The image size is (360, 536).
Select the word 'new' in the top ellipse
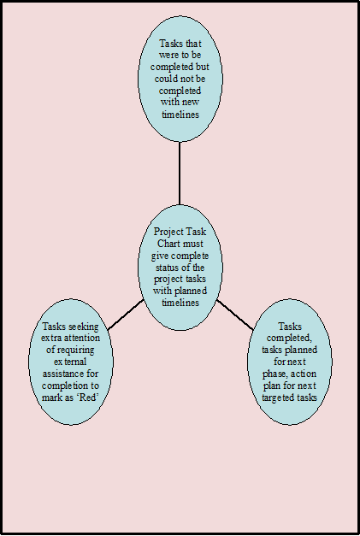(191, 103)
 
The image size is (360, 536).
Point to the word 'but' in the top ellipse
(203, 67)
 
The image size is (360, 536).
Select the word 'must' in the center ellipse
(192, 244)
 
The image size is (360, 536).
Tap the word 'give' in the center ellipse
(160, 256)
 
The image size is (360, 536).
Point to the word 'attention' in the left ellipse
(81, 339)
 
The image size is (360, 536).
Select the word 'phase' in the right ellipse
(274, 374)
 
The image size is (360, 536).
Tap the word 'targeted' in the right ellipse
(276, 398)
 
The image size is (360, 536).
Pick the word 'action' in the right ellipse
(303, 374)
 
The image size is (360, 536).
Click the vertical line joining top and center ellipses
(180, 174)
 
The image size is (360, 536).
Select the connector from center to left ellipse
(126, 315)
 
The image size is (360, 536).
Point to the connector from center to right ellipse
(235, 315)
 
